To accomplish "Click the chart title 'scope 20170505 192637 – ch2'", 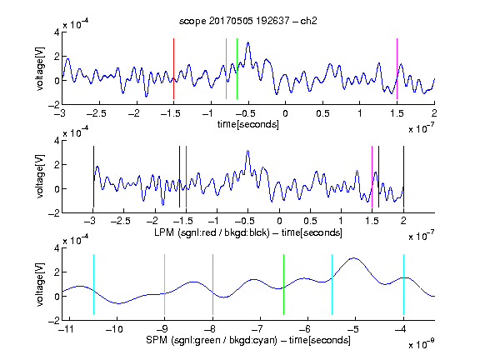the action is coord(248,21).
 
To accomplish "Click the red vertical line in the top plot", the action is coord(173,68).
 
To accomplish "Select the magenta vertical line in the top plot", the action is coord(397,68).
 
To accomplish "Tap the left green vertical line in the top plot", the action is coord(226,68).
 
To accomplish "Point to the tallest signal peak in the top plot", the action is coord(248,42).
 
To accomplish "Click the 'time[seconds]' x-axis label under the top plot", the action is coord(248,124).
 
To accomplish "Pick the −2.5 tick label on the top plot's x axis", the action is coord(96,113).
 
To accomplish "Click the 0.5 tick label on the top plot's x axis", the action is coord(322,113).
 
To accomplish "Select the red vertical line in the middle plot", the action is coord(186,177).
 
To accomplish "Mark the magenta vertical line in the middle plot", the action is coord(372,177).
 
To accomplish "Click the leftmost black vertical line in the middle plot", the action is coord(93,177).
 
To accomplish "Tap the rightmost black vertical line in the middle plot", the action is coord(403,177).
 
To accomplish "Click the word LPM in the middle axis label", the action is coord(164,232).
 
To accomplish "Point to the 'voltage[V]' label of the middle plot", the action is coord(40,177).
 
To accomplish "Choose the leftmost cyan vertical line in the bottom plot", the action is coord(93,284).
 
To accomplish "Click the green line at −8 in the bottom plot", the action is coord(212,284).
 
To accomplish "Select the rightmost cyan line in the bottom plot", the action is coord(403,284).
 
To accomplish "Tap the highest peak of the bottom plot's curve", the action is coord(354,258).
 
